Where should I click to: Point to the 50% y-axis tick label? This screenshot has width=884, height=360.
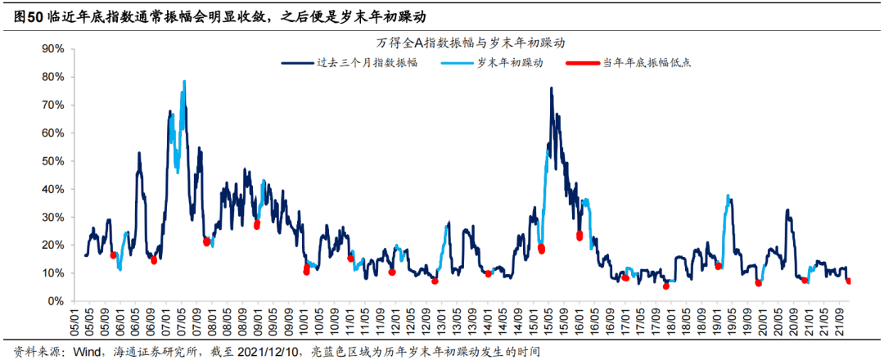coord(52,161)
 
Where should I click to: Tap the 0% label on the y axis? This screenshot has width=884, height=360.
coord(56,301)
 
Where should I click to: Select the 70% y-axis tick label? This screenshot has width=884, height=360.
coord(52,105)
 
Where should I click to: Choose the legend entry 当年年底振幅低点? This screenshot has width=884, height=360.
coord(647,63)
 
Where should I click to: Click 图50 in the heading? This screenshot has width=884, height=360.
coord(29,16)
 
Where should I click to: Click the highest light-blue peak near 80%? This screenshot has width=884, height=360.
coord(184,81)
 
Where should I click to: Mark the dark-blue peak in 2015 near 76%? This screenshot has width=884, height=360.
coord(552,88)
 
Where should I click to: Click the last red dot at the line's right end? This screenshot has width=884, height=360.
coord(849,281)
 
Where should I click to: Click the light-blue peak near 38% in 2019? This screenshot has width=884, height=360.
coord(728,196)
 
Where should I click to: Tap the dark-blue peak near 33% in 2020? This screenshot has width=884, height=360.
coord(787,210)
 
